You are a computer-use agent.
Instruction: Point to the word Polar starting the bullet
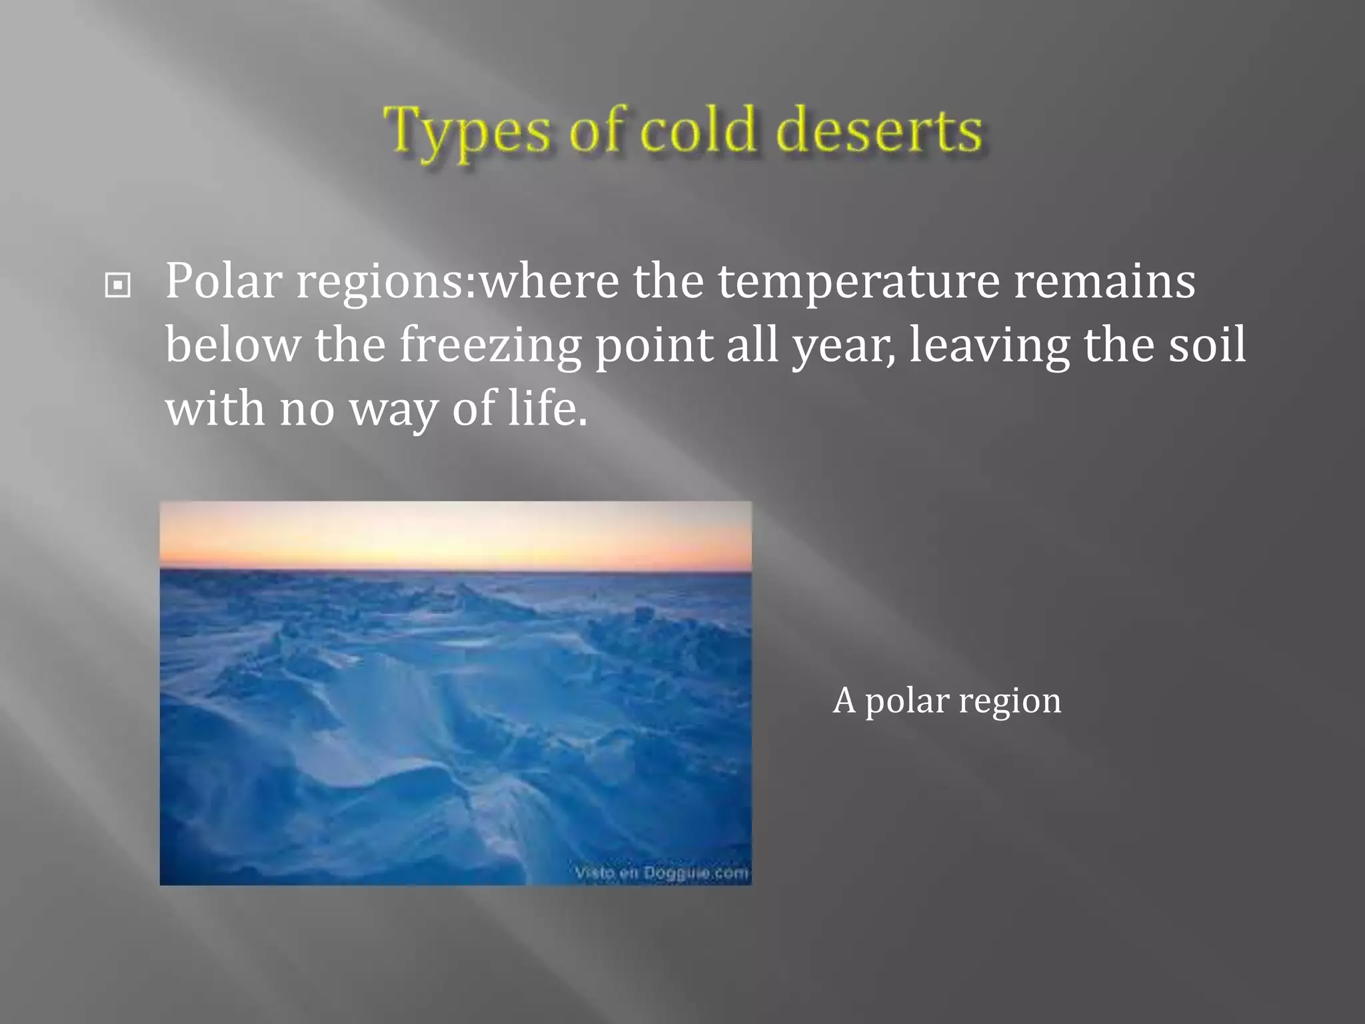tap(223, 281)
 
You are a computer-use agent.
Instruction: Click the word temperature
tap(858, 281)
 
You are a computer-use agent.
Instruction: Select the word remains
tap(1104, 281)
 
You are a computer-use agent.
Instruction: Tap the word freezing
tap(491, 345)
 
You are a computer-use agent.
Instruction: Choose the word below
tap(233, 345)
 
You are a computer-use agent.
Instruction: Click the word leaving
tap(989, 345)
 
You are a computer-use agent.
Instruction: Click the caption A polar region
tap(946, 701)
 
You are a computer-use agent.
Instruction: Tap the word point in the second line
tap(653, 345)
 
